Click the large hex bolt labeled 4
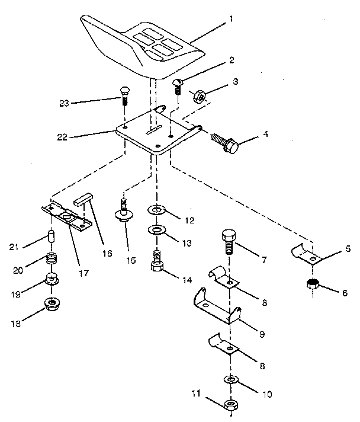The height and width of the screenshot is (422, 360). pyautogui.click(x=227, y=142)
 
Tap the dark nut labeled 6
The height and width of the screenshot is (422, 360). pyautogui.click(x=313, y=284)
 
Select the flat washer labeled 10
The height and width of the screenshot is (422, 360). pyautogui.click(x=230, y=379)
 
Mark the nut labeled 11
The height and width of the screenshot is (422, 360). pyautogui.click(x=231, y=405)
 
